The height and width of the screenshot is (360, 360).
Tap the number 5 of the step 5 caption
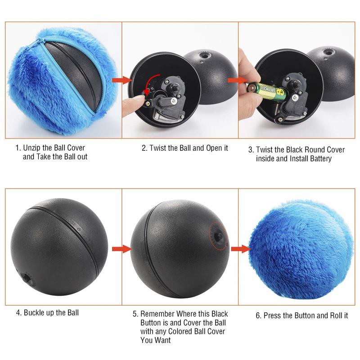(135, 314)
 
